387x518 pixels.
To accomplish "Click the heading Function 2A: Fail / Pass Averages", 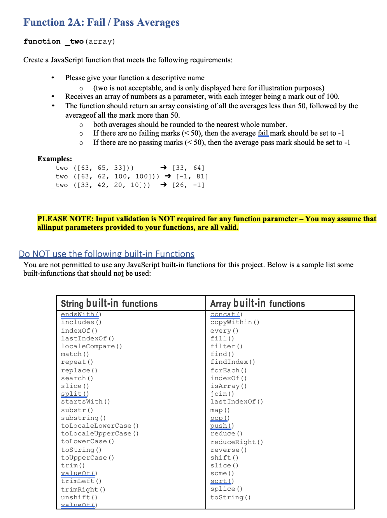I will coord(101,22).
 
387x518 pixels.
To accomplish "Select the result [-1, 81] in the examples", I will coord(192,176).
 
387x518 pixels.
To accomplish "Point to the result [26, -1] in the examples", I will coord(188,185).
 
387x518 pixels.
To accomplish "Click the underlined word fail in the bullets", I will coord(263,133).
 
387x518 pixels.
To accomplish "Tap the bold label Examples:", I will coord(54,159).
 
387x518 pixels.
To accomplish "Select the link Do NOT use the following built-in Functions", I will coord(106,254).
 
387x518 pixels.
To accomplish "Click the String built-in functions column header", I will coord(109,304).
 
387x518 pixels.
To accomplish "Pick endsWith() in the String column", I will coord(81,314).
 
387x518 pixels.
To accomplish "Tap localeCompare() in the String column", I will coord(91,346).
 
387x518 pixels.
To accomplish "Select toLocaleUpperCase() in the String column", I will coord(100,433).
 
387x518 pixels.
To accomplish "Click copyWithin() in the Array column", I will coord(235,322).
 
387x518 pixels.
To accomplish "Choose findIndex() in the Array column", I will coord(233,362).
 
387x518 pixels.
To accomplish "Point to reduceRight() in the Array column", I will coord(236,442).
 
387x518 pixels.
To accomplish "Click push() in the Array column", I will coord(222,426).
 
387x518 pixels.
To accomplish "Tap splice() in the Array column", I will coord(226,489).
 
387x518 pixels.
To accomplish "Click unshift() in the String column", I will coord(79,497).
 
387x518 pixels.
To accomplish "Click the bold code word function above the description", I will coord(42,41).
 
